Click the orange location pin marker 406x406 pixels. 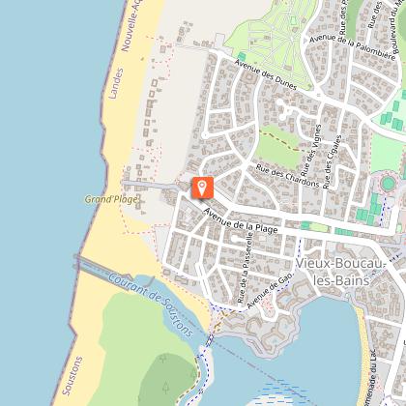pyautogui.click(x=202, y=188)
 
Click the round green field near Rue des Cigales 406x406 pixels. pyautogui.click(x=389, y=183)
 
